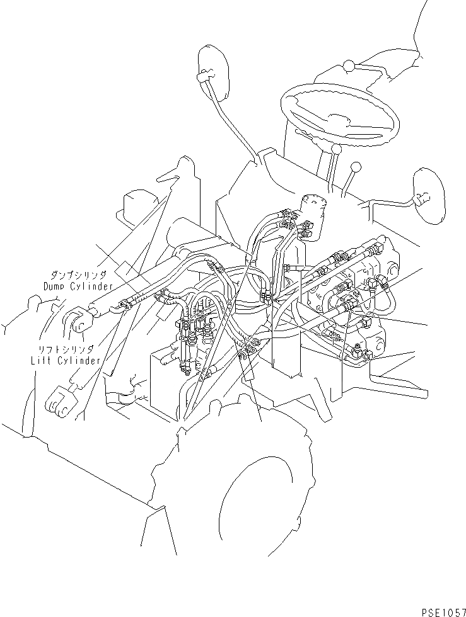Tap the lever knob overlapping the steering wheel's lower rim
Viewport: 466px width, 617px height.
(336, 150)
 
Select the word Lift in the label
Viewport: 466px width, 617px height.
(42, 361)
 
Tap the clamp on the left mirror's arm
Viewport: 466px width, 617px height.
(202, 78)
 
